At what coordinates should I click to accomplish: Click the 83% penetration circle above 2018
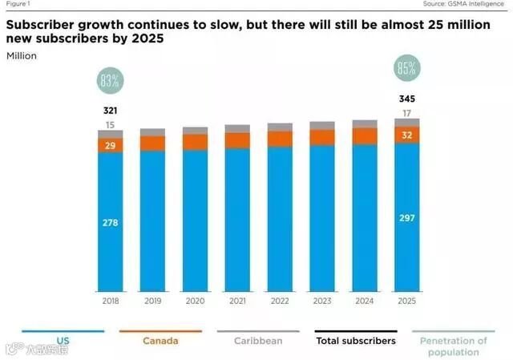(111, 81)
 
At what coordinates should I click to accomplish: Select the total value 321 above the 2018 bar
(111, 110)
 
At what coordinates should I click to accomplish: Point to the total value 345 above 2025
(406, 99)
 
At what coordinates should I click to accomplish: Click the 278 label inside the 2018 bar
(111, 222)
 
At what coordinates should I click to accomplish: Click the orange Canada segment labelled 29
(111, 144)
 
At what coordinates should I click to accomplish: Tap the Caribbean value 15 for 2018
(111, 124)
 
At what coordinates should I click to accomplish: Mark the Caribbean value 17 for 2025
(406, 114)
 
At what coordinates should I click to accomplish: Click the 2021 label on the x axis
(237, 302)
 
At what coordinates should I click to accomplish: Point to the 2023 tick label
(322, 302)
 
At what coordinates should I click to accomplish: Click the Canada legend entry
(160, 341)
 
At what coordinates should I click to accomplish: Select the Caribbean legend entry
(258, 341)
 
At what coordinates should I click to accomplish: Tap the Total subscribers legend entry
(356, 341)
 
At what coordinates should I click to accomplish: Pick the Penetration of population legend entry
(453, 346)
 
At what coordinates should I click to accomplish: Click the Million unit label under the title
(22, 55)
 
